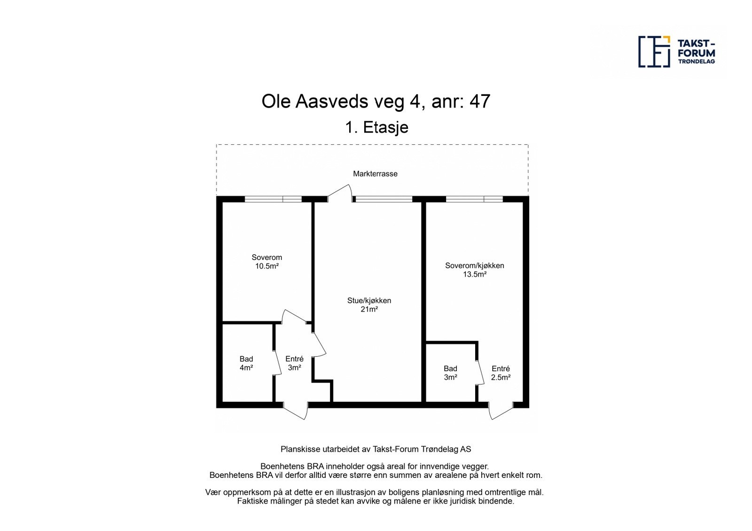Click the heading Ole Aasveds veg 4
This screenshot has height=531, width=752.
(376, 102)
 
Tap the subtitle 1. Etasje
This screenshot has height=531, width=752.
(376, 127)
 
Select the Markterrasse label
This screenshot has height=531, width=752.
(375, 174)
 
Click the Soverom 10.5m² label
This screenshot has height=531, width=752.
(266, 262)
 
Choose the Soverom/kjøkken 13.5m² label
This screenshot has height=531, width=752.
(474, 270)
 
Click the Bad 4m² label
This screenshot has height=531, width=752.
(246, 363)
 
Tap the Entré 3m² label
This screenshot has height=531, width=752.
(294, 363)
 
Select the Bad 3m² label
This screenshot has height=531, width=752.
(450, 373)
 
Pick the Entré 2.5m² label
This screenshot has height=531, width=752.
(501, 373)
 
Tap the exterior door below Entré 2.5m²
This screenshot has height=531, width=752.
(501, 410)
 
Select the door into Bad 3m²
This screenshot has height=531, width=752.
(480, 373)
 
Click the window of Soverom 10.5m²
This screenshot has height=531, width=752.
(273, 199)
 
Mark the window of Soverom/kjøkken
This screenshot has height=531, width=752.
(474, 199)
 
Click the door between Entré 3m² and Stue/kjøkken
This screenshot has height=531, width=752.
(319, 344)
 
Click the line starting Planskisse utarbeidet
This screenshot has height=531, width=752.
(376, 449)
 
